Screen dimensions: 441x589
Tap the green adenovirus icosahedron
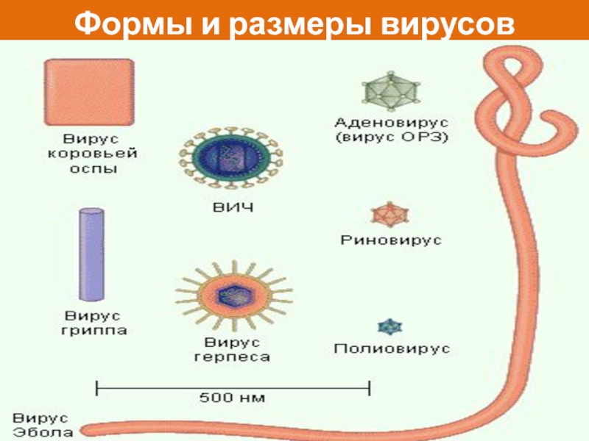point(389,90)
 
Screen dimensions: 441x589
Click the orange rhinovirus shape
point(388,215)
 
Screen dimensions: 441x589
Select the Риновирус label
point(390,240)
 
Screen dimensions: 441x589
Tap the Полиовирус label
point(391,348)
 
